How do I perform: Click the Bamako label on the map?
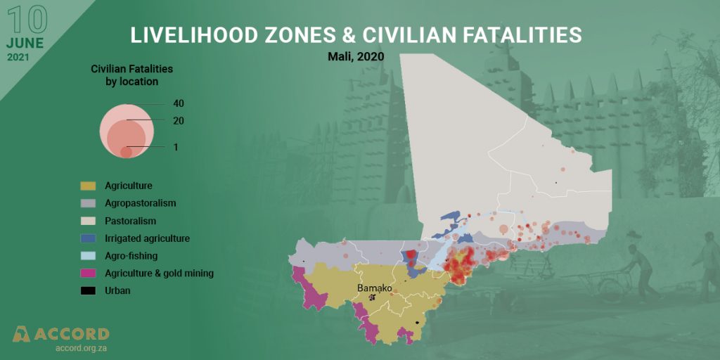374,288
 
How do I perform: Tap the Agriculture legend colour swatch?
88,186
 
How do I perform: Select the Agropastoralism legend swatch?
88,204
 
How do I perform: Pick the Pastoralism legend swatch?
88,221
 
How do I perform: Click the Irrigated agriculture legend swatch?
88,239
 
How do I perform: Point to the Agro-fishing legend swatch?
88,256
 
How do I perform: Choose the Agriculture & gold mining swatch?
88,274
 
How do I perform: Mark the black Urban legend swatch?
88,290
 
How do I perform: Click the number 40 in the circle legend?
179,103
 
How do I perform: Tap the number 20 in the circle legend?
179,121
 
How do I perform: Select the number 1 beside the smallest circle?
176,147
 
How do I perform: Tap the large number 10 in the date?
26,20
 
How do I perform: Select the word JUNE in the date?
26,43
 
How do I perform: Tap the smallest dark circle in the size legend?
126,152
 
